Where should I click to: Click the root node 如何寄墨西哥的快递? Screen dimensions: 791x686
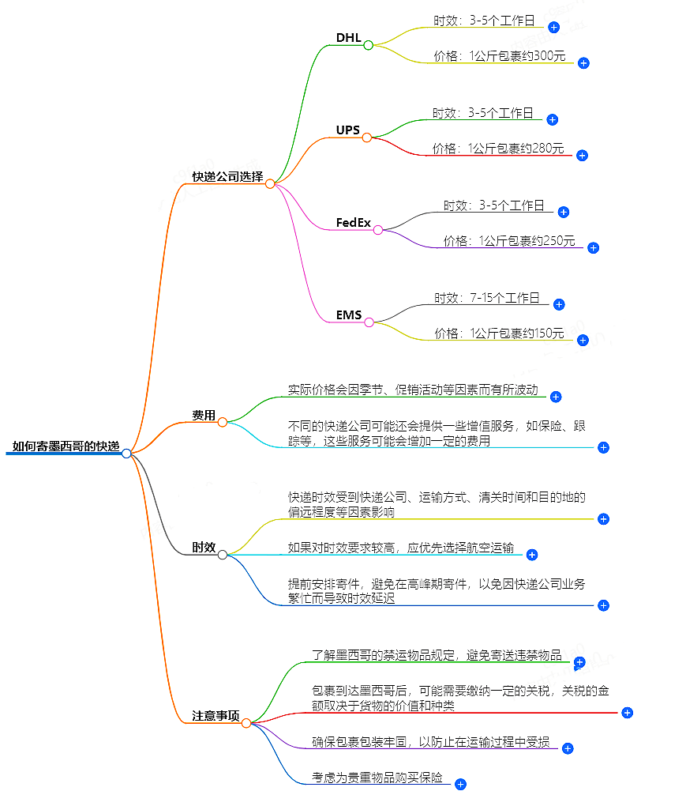point(66,447)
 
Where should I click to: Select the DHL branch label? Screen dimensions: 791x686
point(348,38)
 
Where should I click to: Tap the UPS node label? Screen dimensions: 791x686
point(347,130)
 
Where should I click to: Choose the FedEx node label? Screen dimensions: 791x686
point(353,223)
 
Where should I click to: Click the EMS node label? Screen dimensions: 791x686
point(348,315)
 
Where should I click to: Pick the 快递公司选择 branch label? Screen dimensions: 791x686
point(227,176)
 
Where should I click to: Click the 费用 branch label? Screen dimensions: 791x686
point(204,416)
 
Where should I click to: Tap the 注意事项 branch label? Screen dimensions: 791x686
point(216,716)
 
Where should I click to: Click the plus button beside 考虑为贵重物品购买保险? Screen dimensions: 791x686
point(460,785)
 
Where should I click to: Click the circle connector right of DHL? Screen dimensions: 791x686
point(368,45)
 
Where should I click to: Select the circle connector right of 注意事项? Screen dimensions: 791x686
point(246,723)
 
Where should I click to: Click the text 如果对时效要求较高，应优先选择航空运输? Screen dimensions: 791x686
point(401,548)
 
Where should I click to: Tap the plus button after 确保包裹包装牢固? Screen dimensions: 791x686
point(567,748)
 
